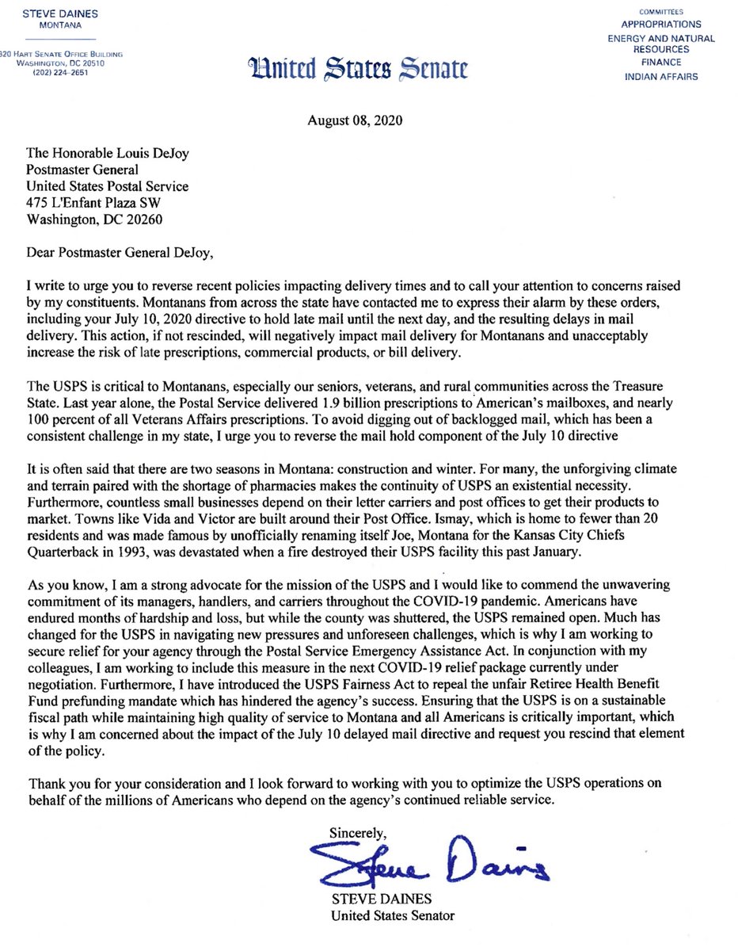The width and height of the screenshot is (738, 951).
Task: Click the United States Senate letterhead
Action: click(x=359, y=70)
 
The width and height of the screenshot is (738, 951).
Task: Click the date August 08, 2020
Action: click(x=355, y=121)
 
